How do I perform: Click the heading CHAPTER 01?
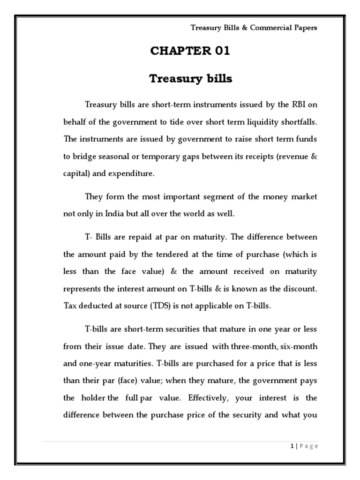190,51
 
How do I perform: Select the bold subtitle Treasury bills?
190,79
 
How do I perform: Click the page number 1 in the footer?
291,446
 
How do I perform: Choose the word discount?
299,289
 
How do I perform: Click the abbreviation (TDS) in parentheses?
160,306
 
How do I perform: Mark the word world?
190,214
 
